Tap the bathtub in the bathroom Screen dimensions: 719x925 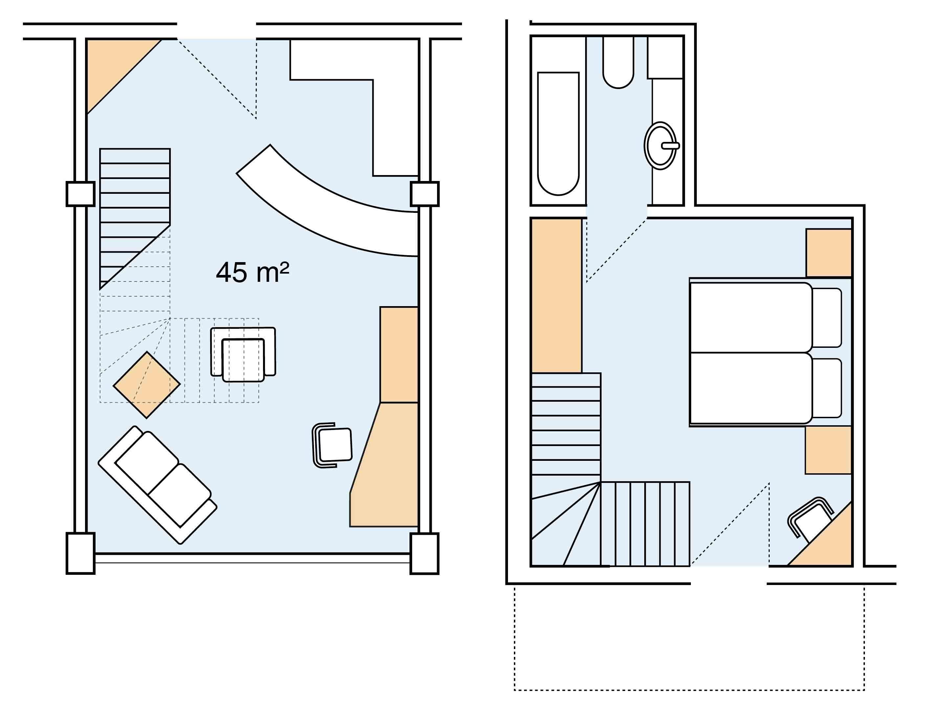[558, 133]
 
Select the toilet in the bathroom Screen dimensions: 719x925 [618, 63]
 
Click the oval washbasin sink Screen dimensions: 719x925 [660, 146]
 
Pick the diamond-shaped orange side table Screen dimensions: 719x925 [146, 385]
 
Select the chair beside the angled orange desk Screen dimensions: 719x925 [333, 445]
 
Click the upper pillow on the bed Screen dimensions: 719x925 [826, 318]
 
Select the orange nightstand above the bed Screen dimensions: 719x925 [828, 253]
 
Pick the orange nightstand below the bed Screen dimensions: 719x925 [828, 450]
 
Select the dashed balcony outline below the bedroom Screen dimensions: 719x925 [689, 690]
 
